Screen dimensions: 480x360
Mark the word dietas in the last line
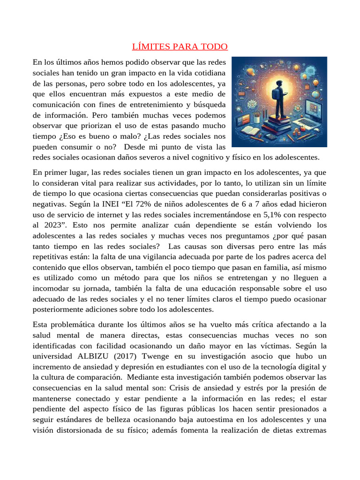coord(266,430)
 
